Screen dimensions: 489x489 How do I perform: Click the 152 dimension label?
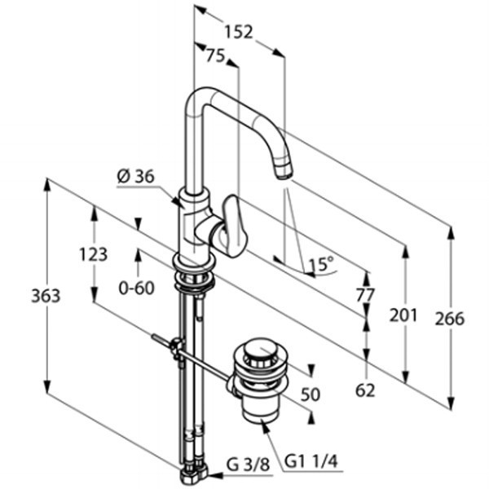pos(238,32)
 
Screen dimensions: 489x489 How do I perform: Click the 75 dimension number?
pos(214,55)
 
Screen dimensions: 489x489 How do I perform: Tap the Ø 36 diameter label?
pos(135,176)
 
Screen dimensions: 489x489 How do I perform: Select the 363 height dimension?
pos(46,295)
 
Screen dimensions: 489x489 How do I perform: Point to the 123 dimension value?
pos(93,254)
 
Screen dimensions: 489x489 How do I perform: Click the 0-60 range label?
pos(135,287)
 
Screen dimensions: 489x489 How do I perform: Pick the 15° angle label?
pos(319,264)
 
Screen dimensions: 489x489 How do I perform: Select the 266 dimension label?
pos(448,318)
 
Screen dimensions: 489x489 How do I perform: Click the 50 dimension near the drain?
pos(310,394)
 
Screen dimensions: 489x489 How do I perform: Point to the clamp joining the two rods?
pos(174,348)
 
